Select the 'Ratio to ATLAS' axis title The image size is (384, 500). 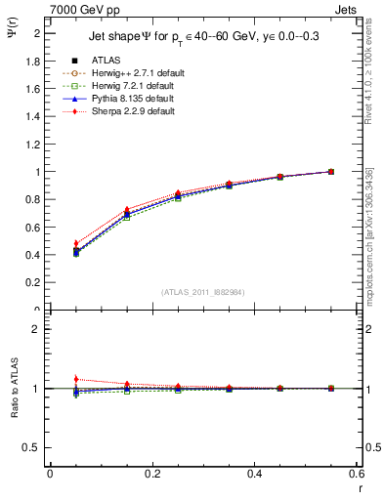click(x=13, y=390)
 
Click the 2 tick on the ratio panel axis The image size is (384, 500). click(x=38, y=329)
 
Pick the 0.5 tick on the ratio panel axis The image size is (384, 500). click(x=35, y=447)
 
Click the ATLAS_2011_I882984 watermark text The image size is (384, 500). click(x=203, y=292)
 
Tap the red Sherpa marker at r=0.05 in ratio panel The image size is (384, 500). click(x=75, y=379)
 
